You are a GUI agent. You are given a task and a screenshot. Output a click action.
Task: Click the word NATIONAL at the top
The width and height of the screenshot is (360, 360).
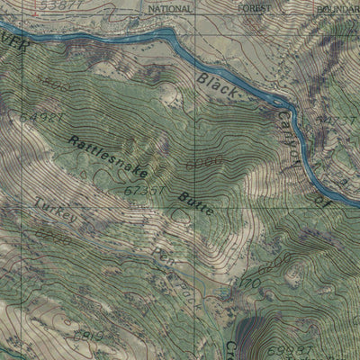pyautogui.click(x=168, y=7)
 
